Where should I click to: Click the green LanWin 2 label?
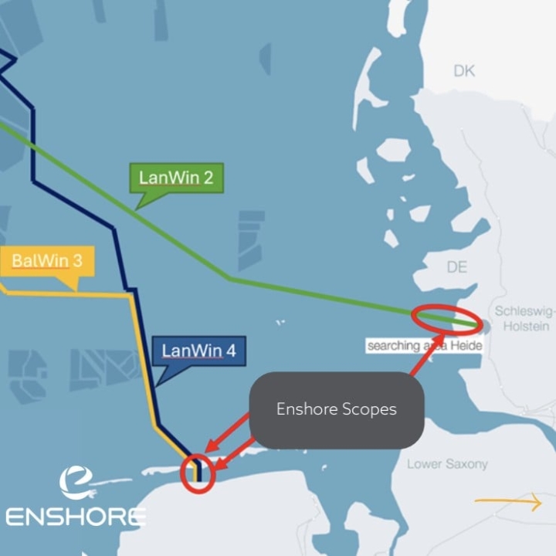(x=176, y=178)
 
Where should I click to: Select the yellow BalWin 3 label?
(x=47, y=261)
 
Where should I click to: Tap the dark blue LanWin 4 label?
(x=198, y=352)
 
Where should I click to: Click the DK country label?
(x=464, y=71)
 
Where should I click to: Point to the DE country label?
(x=459, y=266)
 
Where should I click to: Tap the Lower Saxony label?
(x=447, y=464)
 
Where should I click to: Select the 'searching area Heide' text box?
(x=425, y=345)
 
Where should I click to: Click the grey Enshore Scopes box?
(x=337, y=410)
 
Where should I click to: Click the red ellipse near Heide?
(x=446, y=318)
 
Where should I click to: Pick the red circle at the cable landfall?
(x=198, y=473)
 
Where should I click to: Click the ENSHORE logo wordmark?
(x=75, y=516)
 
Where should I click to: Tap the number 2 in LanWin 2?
(x=208, y=178)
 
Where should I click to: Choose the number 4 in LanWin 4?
(x=229, y=352)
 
